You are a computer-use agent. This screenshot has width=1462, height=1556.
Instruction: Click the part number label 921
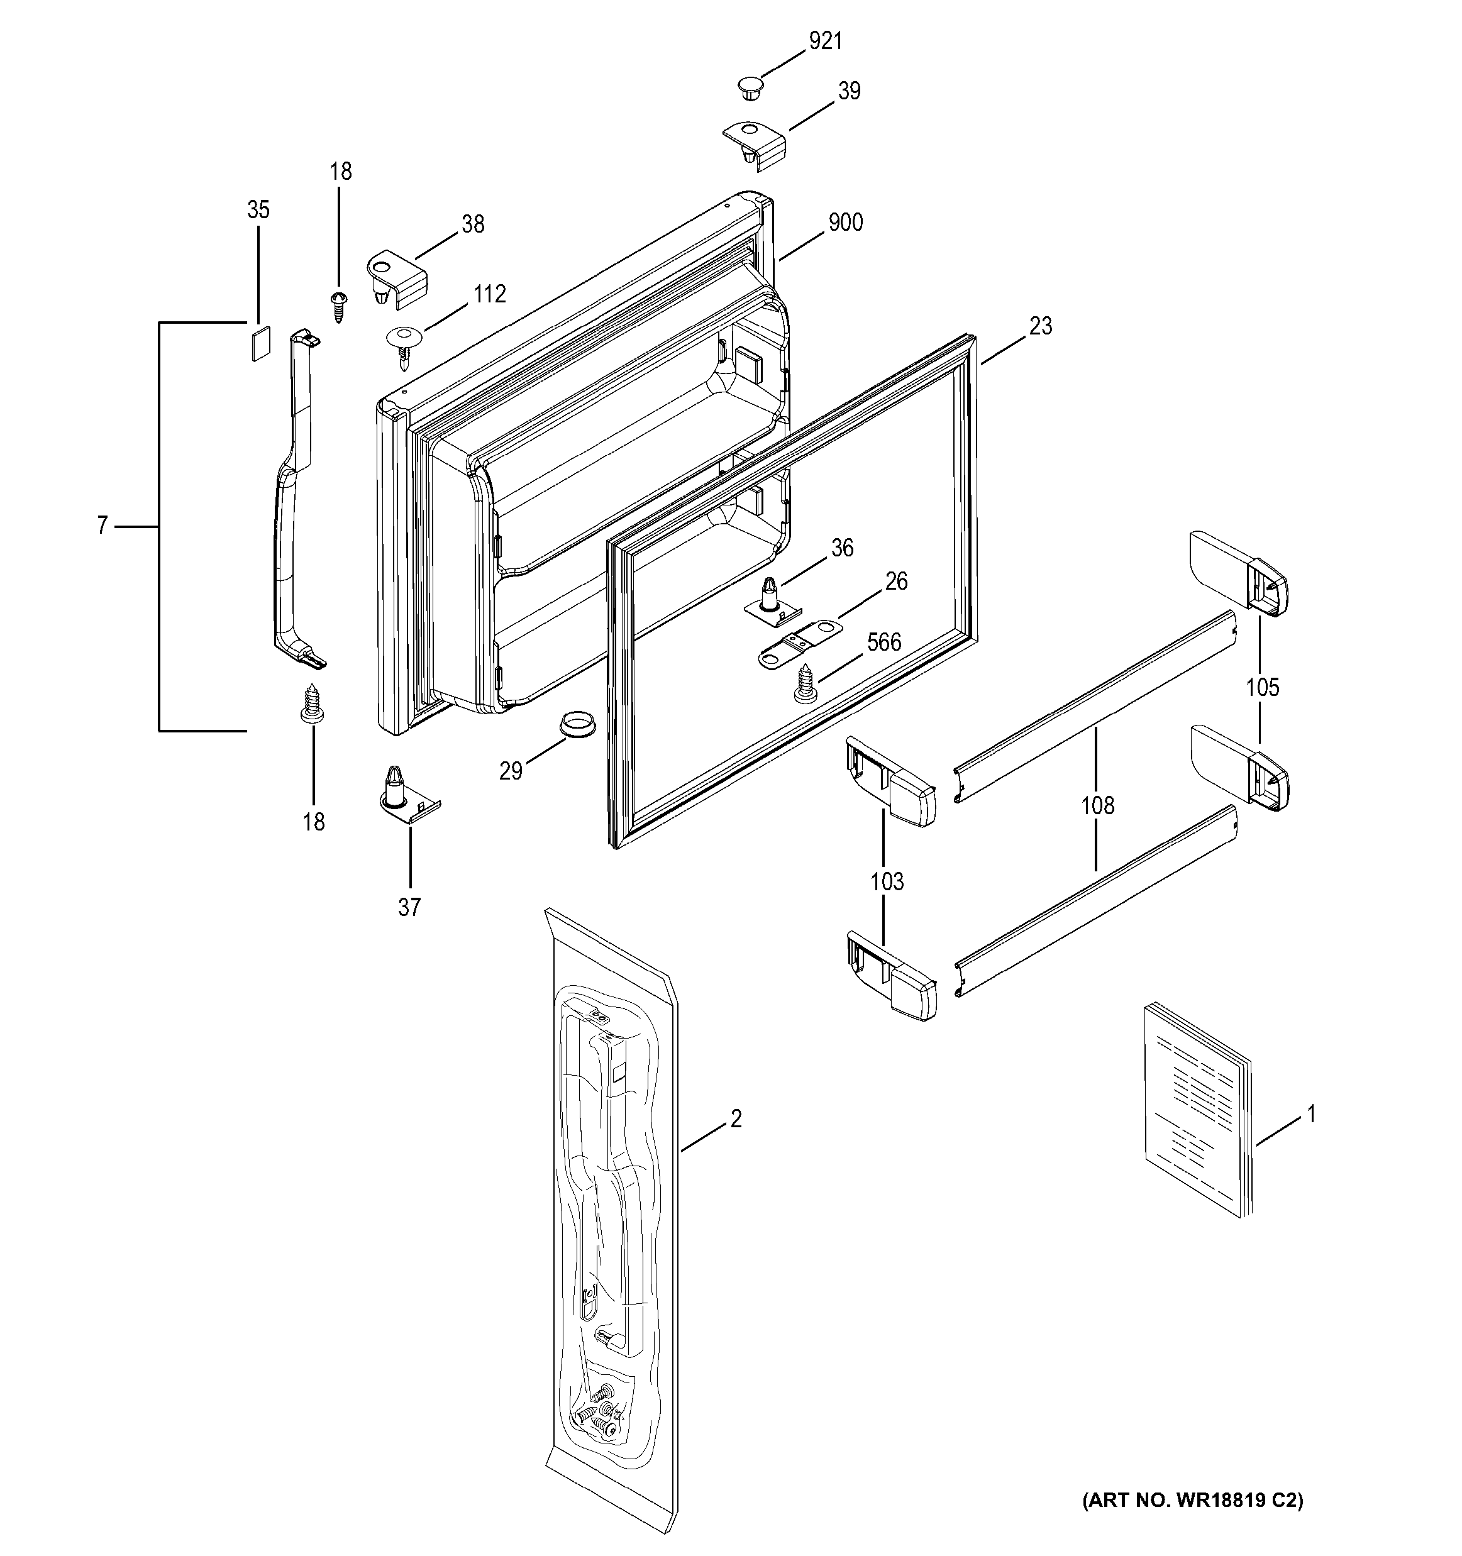point(826,41)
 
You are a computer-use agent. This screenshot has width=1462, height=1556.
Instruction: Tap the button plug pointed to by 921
point(750,87)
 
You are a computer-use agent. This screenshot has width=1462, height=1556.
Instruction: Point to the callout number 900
point(845,223)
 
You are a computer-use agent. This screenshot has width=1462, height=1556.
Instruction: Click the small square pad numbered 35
point(259,342)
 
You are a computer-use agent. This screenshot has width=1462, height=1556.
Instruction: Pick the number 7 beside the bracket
point(102,526)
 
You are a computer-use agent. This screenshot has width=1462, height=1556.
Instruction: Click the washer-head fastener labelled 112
point(404,344)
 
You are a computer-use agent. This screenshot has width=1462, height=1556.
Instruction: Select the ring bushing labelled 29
point(576,722)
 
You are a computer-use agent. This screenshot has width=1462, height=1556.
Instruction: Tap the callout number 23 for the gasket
point(1040,326)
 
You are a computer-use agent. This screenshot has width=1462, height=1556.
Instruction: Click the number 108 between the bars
point(1097,805)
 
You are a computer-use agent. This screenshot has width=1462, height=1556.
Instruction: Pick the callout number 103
point(887,881)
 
